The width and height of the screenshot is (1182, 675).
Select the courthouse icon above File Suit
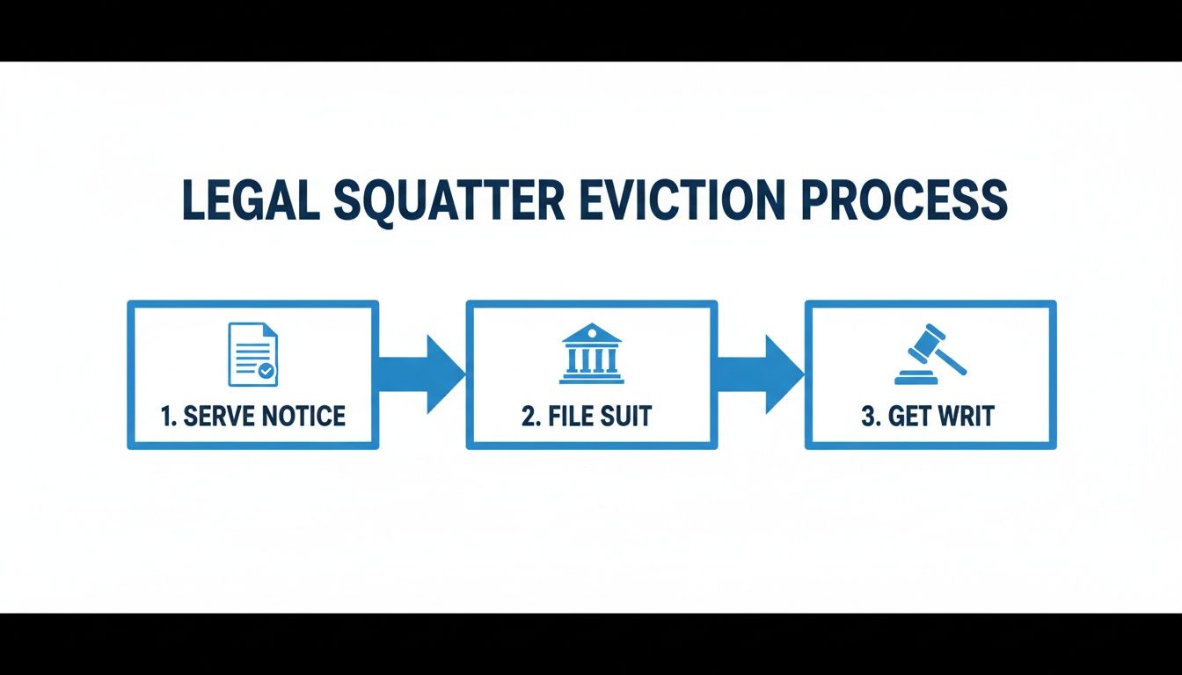click(591, 353)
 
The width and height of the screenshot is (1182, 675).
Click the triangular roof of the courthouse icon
click(591, 334)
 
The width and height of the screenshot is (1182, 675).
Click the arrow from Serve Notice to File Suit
click(422, 374)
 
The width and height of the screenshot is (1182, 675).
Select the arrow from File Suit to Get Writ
click(761, 374)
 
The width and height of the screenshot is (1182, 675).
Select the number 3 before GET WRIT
click(867, 416)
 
